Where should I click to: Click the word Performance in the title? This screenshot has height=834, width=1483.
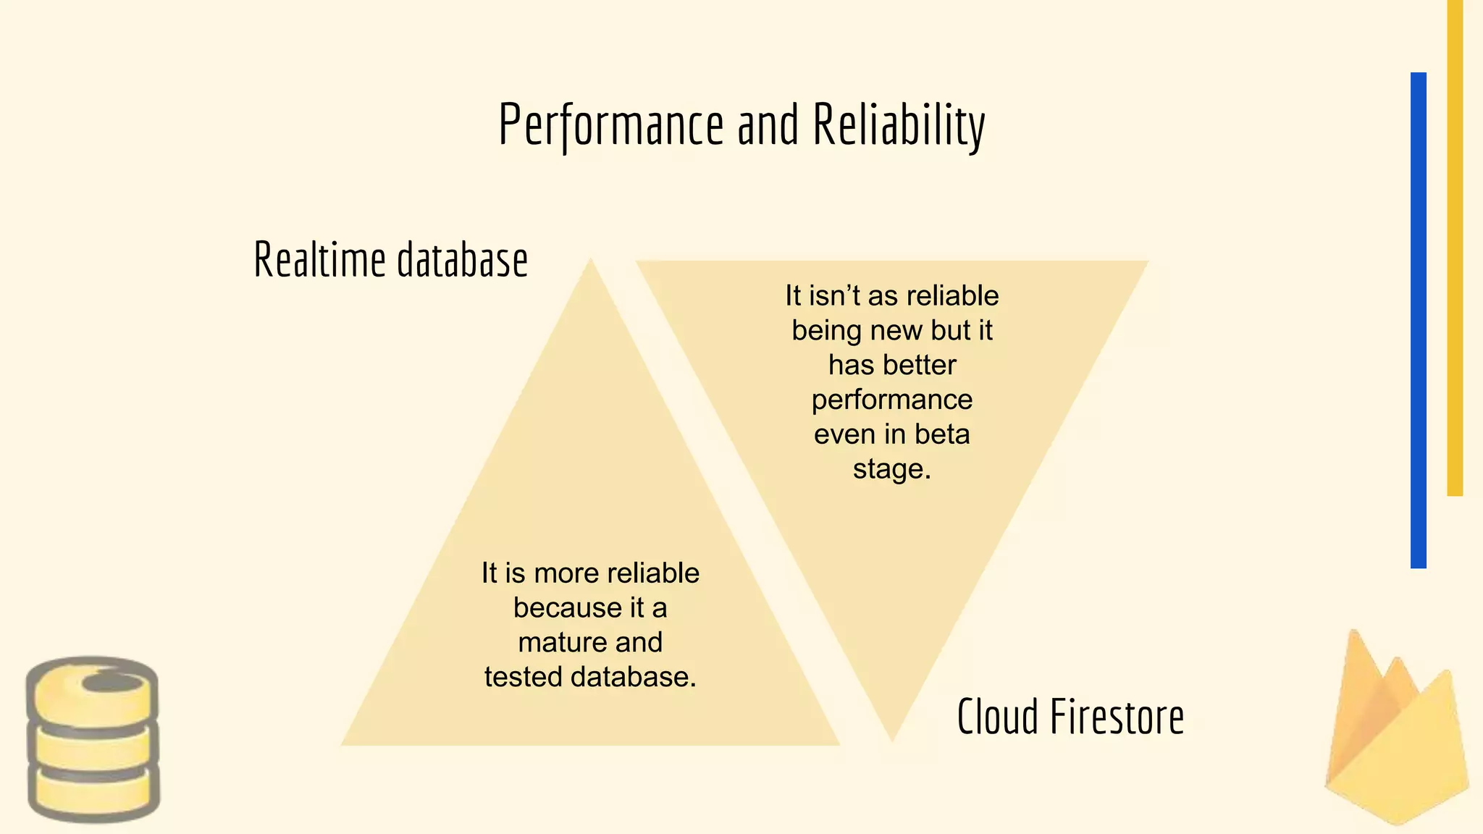pos(610,125)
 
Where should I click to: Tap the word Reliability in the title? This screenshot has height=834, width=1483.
pos(899,125)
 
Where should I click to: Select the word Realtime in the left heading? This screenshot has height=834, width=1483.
pos(319,260)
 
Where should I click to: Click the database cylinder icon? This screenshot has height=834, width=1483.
pos(93,739)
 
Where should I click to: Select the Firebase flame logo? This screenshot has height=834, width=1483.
pos(1395,731)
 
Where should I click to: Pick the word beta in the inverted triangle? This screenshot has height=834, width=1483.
pos(941,434)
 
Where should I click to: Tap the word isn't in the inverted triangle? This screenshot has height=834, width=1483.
pos(833,296)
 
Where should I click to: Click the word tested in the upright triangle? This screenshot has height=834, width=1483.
pos(524,678)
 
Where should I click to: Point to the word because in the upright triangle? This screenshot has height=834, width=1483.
pos(568,608)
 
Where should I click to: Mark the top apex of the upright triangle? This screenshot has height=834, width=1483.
pos(591,261)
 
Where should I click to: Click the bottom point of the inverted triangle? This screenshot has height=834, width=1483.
pos(892,738)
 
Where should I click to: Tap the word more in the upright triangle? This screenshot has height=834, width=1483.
pos(567,573)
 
